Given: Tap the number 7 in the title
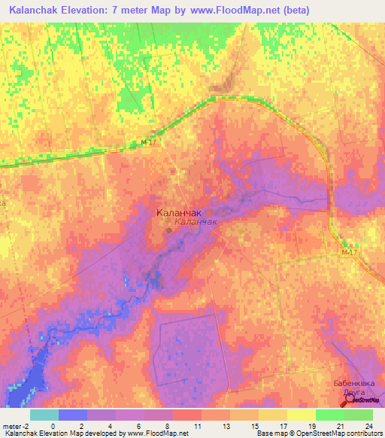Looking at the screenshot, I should [132, 11].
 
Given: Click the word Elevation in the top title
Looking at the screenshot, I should [99, 11].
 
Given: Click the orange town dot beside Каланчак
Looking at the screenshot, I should [168, 230].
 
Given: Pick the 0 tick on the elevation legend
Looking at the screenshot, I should [53, 425].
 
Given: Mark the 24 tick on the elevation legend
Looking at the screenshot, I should [368, 425].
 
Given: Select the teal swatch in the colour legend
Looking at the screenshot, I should [44, 415].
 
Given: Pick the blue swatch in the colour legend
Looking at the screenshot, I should [72, 415].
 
